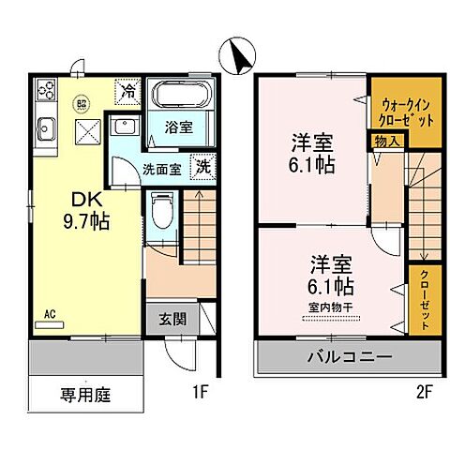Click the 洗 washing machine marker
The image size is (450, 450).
(201, 166)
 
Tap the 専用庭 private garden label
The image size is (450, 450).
(85, 395)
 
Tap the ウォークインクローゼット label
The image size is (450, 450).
(406, 112)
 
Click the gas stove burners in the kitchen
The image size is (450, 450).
(46, 91)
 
